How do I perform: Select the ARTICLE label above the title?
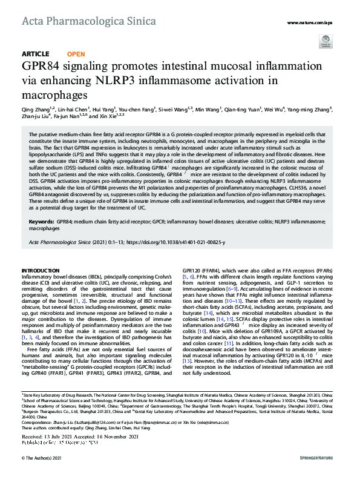36,54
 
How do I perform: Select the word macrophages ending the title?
55,95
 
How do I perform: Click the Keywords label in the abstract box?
41,223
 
